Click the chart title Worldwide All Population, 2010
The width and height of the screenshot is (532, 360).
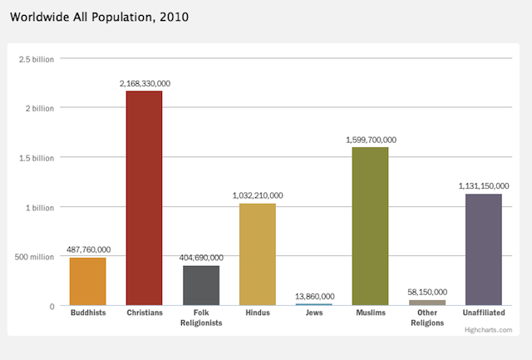pyautogui.click(x=99, y=16)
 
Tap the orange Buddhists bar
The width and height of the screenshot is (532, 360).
pyautogui.click(x=87, y=282)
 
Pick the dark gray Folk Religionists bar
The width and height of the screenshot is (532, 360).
pyautogui.click(x=200, y=285)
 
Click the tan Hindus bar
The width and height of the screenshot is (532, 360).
pyautogui.click(x=257, y=254)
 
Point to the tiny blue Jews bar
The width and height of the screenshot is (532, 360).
pyautogui.click(x=313, y=304)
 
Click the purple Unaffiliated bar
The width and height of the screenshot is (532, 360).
pyautogui.click(x=483, y=249)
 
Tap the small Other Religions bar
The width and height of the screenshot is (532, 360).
pyautogui.click(x=427, y=303)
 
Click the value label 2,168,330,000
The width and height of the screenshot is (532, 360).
pyautogui.click(x=145, y=84)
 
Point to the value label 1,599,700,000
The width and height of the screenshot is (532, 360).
pyautogui.click(x=371, y=140)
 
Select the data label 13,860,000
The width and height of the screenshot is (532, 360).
pyautogui.click(x=314, y=296)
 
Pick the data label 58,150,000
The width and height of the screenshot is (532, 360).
pyautogui.click(x=427, y=292)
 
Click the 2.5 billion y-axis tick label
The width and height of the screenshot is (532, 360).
pyautogui.click(x=37, y=59)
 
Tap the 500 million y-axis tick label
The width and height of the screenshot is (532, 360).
pyautogui.click(x=35, y=257)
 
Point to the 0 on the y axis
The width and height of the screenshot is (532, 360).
pyautogui.click(x=52, y=306)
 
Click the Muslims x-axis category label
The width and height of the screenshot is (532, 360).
pyautogui.click(x=370, y=313)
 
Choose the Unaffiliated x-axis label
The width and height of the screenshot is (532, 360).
pyautogui.click(x=483, y=313)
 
